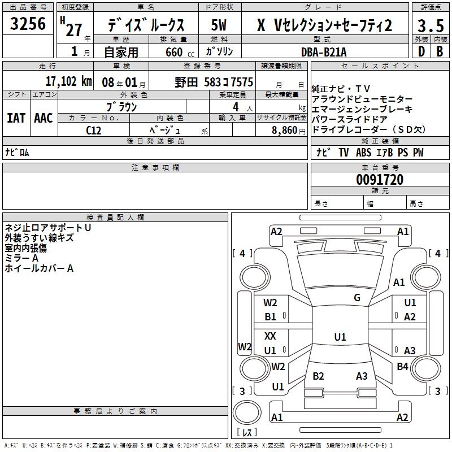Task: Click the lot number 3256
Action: point(28,25)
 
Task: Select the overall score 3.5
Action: point(430,26)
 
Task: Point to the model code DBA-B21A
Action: point(324,52)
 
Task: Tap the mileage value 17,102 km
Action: point(68,81)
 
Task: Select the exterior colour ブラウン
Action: point(122,107)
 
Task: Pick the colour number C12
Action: point(94,129)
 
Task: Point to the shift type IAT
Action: point(16,118)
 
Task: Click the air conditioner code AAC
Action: point(44,118)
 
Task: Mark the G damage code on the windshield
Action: point(357,298)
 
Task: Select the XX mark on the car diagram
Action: point(271,336)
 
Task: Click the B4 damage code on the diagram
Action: point(402,366)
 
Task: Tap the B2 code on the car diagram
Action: point(318,376)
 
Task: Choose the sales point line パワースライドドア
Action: point(349,119)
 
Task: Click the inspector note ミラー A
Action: point(21,258)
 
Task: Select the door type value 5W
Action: point(219,25)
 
